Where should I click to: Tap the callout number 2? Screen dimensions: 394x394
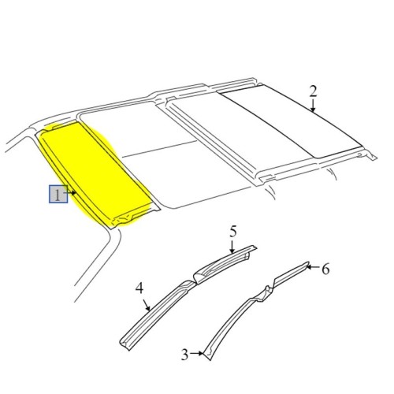point(313,92)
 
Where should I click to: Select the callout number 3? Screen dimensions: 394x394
point(184,355)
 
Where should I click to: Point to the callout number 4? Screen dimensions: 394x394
point(139,289)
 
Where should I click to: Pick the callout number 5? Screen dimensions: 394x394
point(233,231)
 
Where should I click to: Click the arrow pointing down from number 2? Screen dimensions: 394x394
point(313,107)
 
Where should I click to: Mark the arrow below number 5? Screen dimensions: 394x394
point(233,246)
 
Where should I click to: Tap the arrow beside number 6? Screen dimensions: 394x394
point(312,269)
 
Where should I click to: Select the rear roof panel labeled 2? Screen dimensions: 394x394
point(292,118)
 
